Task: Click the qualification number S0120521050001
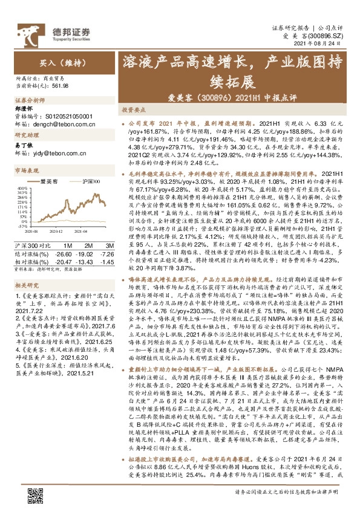click(x=69, y=114)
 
